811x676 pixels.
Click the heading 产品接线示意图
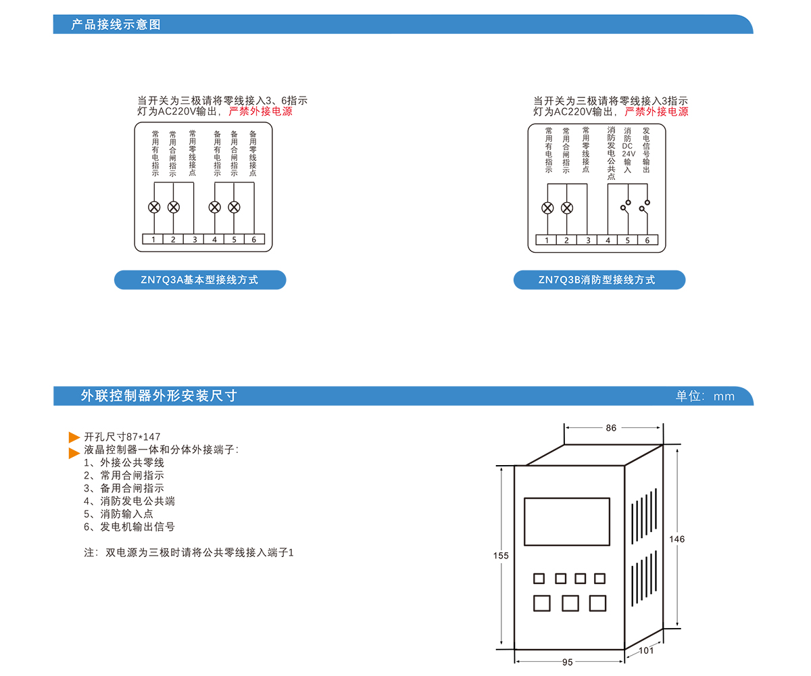[116, 25]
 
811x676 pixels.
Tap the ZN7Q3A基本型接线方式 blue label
[199, 280]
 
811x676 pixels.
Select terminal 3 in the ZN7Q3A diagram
[195, 239]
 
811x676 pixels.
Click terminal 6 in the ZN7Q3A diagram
[254, 239]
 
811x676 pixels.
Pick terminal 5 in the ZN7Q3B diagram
[627, 240]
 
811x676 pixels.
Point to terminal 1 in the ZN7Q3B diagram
[547, 240]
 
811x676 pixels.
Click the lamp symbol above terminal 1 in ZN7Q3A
[154, 207]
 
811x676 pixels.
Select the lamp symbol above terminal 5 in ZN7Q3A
[234, 207]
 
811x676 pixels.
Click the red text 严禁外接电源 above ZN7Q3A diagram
[261, 112]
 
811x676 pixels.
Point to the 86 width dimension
[611, 428]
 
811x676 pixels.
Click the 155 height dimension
[501, 556]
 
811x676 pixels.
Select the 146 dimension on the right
[677, 539]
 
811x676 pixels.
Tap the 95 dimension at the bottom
[568, 662]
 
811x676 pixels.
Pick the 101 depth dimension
[646, 651]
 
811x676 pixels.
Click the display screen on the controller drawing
[566, 522]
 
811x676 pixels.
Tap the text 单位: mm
[705, 396]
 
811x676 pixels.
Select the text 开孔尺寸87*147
[122, 437]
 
